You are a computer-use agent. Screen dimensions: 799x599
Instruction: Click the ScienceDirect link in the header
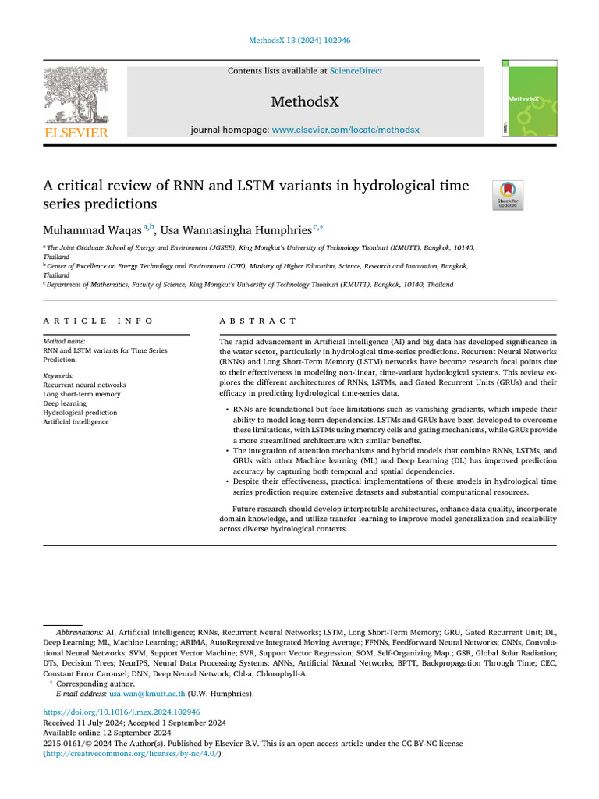click(356, 71)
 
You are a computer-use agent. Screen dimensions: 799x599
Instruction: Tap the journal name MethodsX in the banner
click(304, 102)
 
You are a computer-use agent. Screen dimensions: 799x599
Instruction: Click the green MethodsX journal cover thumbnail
click(519, 98)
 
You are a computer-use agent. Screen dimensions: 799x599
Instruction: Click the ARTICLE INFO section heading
click(98, 321)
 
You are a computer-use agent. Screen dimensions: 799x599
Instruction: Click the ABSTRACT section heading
click(258, 321)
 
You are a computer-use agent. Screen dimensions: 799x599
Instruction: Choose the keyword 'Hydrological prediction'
click(80, 413)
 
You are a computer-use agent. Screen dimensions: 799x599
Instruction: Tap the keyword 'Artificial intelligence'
click(76, 422)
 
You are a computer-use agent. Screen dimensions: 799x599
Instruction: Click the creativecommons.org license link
click(126, 754)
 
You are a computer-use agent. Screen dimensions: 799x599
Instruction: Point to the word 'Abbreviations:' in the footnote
click(79, 630)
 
